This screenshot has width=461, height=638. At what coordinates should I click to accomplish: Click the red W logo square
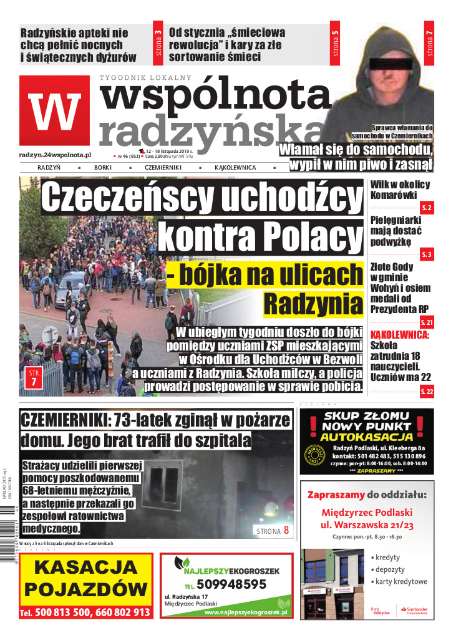(x=54, y=110)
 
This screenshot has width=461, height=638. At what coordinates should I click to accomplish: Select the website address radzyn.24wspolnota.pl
(x=56, y=154)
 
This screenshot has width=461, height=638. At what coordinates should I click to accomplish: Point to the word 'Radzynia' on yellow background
(x=313, y=303)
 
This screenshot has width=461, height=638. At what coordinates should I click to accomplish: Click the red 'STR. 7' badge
(x=33, y=379)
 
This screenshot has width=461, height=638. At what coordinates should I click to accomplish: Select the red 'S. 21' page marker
(x=427, y=322)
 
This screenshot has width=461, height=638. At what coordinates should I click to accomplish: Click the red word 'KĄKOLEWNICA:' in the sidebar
(x=400, y=335)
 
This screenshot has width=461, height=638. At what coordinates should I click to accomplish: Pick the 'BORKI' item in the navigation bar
(x=102, y=168)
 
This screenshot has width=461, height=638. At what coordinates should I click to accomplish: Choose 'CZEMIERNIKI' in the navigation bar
(x=163, y=168)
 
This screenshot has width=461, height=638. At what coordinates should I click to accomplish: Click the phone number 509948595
(x=231, y=584)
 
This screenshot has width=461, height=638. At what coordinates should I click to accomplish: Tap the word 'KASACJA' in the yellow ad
(x=85, y=568)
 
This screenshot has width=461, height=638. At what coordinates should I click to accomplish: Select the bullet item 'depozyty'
(x=390, y=569)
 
